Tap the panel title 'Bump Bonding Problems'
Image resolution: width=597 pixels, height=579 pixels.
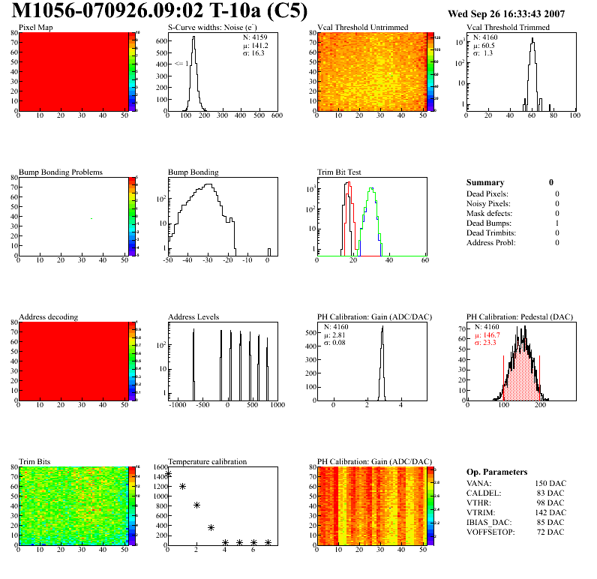pyautogui.click(x=61, y=172)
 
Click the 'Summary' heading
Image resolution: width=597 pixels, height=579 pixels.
pyautogui.click(x=485, y=182)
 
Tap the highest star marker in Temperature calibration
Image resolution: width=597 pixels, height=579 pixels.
pyautogui.click(x=168, y=474)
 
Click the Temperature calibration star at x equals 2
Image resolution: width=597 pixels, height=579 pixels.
pyautogui.click(x=196, y=505)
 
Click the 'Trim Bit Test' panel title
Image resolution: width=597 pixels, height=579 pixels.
pyautogui.click(x=340, y=172)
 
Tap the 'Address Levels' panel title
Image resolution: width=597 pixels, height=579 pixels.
pyautogui.click(x=193, y=316)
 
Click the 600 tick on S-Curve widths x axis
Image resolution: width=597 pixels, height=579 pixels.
pyautogui.click(x=276, y=116)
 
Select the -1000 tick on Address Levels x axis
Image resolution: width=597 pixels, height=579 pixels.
pyautogui.click(x=178, y=405)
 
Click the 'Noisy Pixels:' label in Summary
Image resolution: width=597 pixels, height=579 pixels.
pyautogui.click(x=488, y=203)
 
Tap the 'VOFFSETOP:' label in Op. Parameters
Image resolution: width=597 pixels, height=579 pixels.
pyautogui.click(x=490, y=532)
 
